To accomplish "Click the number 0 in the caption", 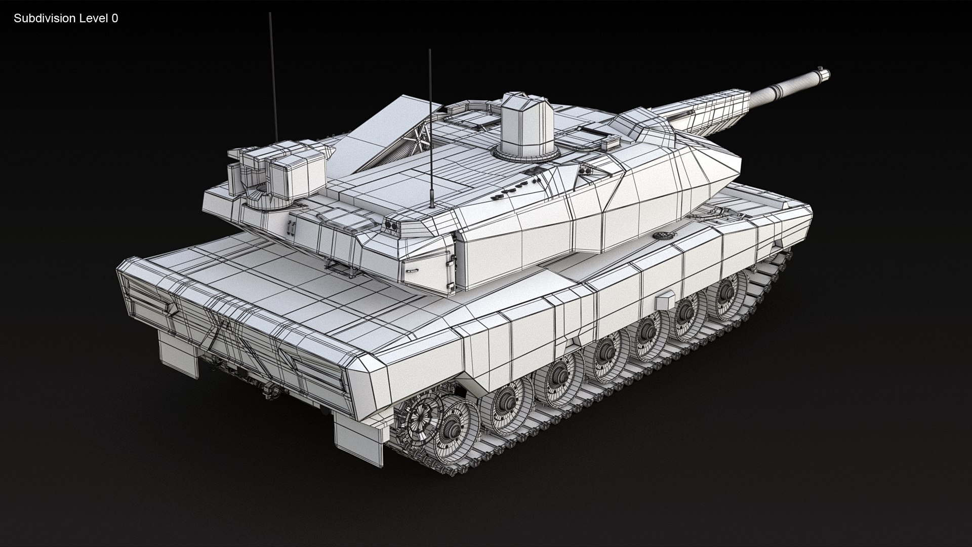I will coord(115,19).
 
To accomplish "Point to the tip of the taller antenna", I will coord(270,14).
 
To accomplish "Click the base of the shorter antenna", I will coord(431,205).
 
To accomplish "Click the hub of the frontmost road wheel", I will coord(725,290).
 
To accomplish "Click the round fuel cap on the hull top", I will coord(663,236).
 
